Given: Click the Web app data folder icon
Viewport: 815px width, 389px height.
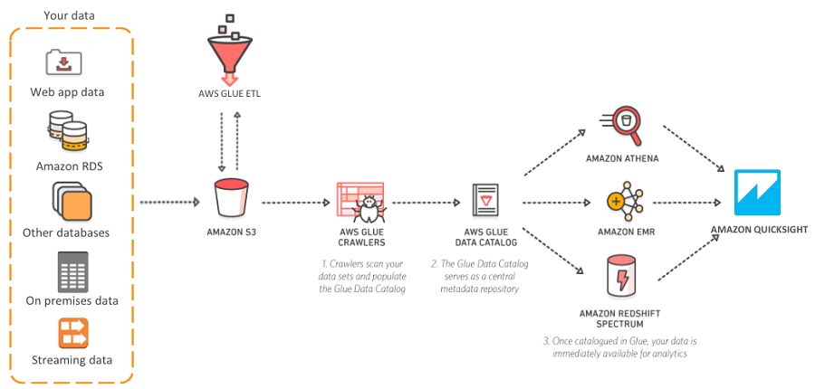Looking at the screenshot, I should (64, 62).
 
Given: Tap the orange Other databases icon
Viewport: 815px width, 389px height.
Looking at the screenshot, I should (71, 200).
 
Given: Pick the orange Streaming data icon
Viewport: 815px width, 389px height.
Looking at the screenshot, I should (72, 333).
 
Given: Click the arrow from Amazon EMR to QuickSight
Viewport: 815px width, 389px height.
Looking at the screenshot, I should (690, 203).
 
